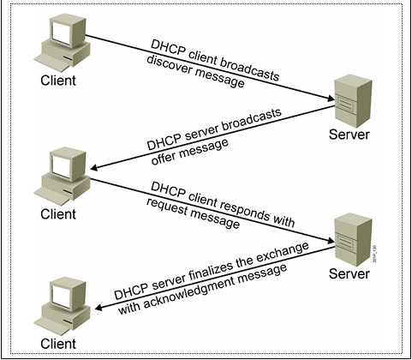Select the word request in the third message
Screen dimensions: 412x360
(166, 208)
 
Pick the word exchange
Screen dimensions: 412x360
(282, 253)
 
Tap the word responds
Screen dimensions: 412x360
(244, 211)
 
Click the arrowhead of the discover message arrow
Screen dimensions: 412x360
(331, 99)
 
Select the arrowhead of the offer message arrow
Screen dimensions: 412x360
(94, 167)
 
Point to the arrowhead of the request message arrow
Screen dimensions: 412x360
(331, 241)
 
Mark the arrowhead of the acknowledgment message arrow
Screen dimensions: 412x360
(99, 308)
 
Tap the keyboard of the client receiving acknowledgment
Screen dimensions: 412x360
(52, 327)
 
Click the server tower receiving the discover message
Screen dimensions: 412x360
(354, 100)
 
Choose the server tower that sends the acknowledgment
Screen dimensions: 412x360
(354, 239)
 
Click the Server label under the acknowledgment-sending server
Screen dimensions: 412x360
(349, 273)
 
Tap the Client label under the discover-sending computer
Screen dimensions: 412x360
(58, 81)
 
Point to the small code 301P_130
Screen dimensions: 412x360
(375, 254)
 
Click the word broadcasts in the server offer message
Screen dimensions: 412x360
(252, 120)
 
